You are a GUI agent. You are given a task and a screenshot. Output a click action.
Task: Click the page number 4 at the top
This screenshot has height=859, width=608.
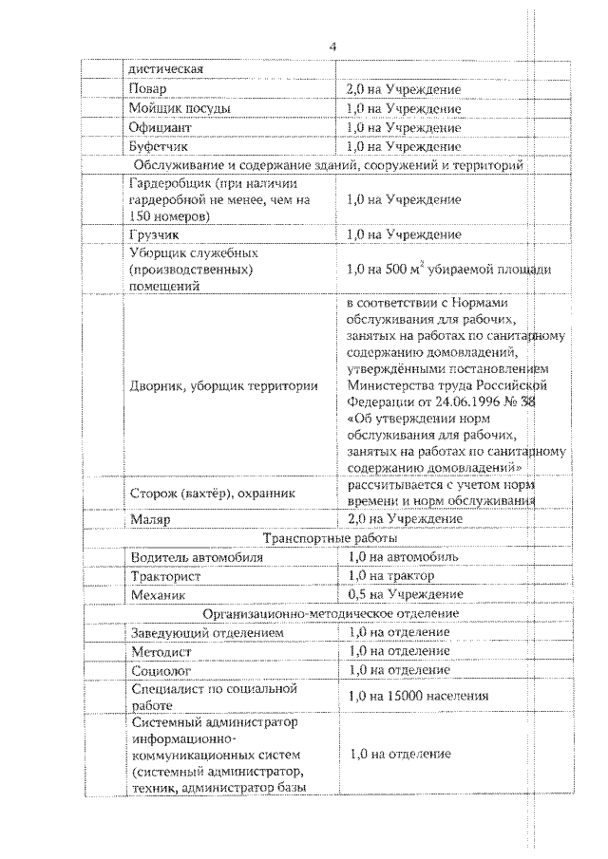332,46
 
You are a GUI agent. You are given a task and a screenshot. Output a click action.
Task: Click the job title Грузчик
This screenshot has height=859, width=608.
153,233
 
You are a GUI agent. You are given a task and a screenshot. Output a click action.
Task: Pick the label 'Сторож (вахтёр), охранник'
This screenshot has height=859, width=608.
212,493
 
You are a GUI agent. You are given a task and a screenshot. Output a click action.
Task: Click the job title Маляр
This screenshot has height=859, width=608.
149,519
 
